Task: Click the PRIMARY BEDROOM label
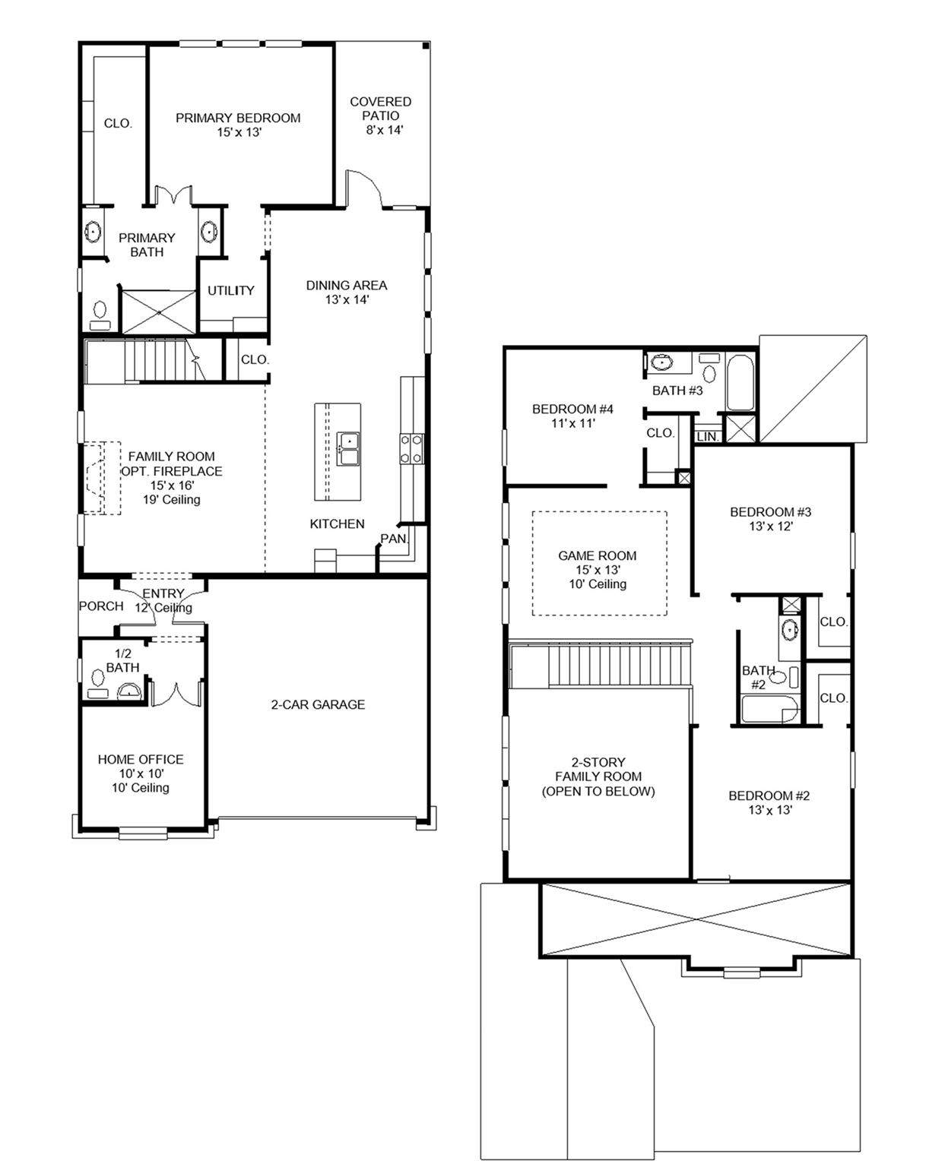(238, 118)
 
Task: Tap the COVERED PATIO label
(380, 109)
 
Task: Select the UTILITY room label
(231, 290)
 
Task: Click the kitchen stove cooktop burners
(411, 449)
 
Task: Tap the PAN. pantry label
(395, 539)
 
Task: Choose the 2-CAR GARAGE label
(318, 704)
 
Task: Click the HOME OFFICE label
(141, 759)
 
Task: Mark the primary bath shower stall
(158, 312)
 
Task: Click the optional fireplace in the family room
(102, 477)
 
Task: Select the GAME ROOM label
(598, 555)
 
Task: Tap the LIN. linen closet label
(708, 437)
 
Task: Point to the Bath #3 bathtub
(740, 382)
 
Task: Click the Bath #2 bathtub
(769, 710)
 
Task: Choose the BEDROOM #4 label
(572, 409)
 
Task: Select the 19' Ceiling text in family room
(172, 500)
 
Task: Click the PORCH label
(101, 606)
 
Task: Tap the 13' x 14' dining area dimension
(347, 299)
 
